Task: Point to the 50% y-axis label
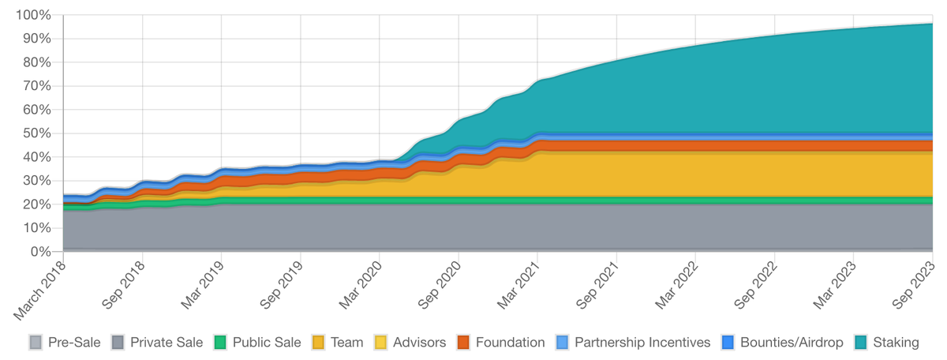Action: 36,133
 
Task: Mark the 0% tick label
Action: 39,252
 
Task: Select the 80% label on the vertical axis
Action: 36,62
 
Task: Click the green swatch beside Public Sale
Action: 220,343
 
